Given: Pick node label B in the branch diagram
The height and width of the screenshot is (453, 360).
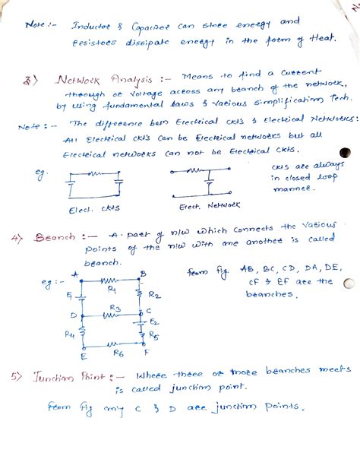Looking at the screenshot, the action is (143, 274).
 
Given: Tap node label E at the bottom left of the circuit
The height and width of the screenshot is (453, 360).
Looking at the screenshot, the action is (83, 356).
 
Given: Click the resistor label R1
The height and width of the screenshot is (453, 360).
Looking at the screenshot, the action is (111, 290).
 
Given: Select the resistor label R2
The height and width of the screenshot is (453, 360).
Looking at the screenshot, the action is (153, 293).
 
